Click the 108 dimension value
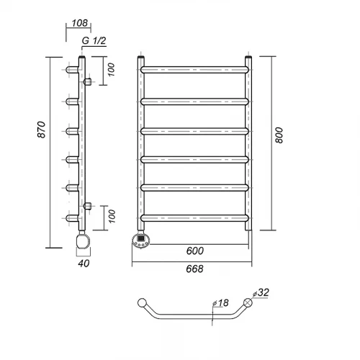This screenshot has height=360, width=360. [x=80, y=23]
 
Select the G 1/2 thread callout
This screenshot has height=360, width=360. [x=94, y=40]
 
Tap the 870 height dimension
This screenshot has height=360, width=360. [x=42, y=130]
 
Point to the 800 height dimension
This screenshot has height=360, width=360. [x=279, y=135]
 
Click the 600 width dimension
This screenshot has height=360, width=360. [x=195, y=251]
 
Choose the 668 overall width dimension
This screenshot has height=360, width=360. [x=194, y=269]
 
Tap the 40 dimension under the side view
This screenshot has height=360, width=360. [x=84, y=264]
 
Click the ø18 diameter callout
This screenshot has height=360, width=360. [x=221, y=303]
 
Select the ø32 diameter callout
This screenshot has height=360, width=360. [x=261, y=292]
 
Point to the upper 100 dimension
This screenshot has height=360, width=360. [x=111, y=70]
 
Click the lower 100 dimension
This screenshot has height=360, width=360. [x=112, y=216]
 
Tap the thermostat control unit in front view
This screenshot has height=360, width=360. [x=141, y=240]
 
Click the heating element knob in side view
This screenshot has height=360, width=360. [x=83, y=241]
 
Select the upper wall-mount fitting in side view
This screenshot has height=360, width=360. [x=87, y=82]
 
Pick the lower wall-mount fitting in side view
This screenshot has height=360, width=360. [x=87, y=206]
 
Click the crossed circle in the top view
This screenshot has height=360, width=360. [x=248, y=302]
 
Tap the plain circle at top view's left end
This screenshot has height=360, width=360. [x=142, y=302]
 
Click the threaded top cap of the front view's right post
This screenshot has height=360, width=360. [x=248, y=58]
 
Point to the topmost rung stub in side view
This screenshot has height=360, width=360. [x=72, y=70]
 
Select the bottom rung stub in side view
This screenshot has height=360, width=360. [x=72, y=218]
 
